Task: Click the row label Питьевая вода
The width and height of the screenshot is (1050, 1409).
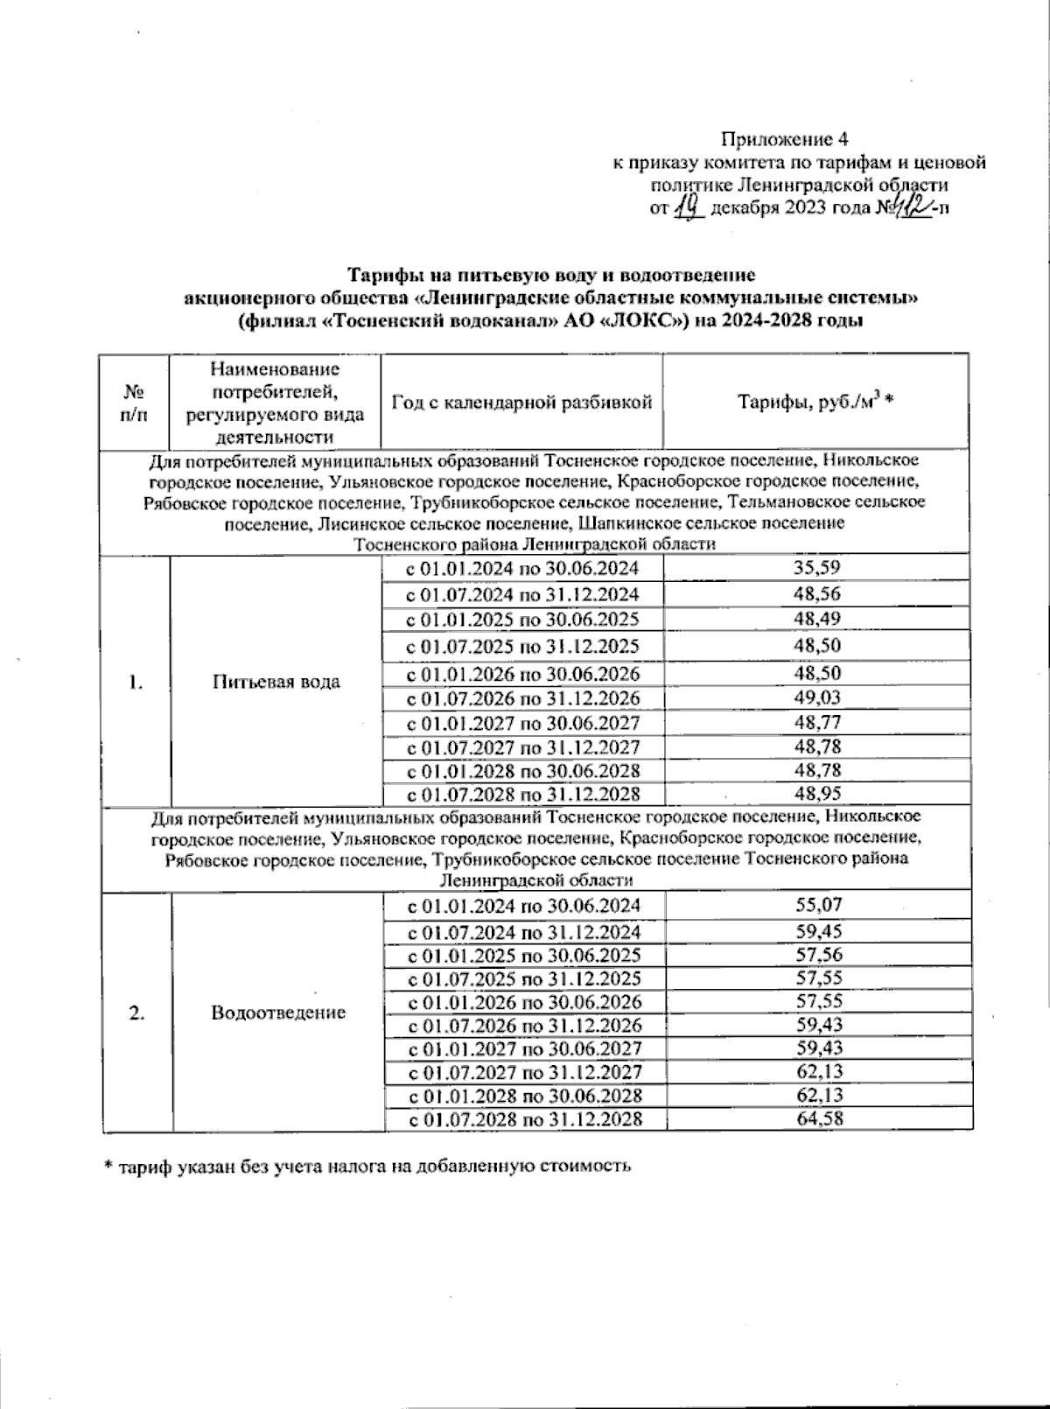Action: tap(276, 682)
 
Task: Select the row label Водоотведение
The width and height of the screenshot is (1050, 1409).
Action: tap(278, 1013)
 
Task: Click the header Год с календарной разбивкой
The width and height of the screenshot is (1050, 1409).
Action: tap(522, 403)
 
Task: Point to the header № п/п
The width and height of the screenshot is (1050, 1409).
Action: tap(134, 403)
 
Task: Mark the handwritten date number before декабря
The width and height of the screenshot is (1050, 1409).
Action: tap(690, 207)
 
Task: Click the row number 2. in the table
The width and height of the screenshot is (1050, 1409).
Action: tap(136, 1013)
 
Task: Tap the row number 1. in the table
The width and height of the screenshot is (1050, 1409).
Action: tap(135, 683)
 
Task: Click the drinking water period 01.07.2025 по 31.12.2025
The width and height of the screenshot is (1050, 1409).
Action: tap(522, 647)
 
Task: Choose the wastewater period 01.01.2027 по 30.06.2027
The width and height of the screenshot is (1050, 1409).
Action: tap(524, 1048)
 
